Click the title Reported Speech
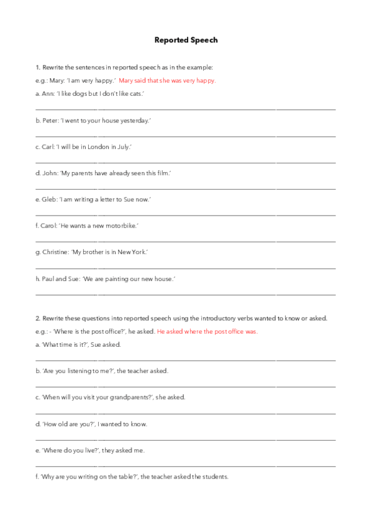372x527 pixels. coord(186,40)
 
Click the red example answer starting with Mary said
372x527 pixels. coord(168,81)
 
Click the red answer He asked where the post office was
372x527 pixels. coord(207,331)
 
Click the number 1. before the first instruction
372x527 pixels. coord(38,67)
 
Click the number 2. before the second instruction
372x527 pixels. coord(38,318)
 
